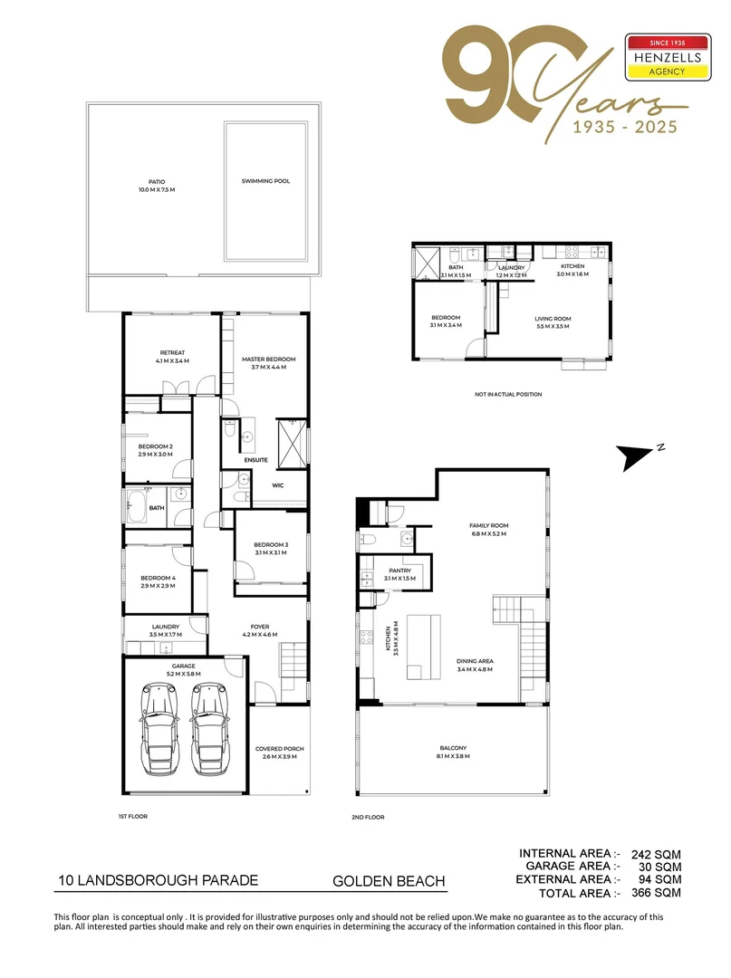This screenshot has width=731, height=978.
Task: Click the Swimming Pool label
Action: (265, 181)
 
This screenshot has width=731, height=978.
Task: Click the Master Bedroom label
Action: (268, 363)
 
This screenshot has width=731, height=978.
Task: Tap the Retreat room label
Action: (172, 357)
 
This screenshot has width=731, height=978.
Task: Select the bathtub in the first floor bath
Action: (139, 508)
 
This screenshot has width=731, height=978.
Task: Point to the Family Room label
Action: (488, 530)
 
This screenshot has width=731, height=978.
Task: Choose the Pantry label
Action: (399, 574)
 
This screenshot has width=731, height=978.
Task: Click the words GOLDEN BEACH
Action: (389, 880)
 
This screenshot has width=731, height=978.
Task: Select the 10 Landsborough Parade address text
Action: (159, 880)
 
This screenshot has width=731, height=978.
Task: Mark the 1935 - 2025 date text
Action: (624, 127)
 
